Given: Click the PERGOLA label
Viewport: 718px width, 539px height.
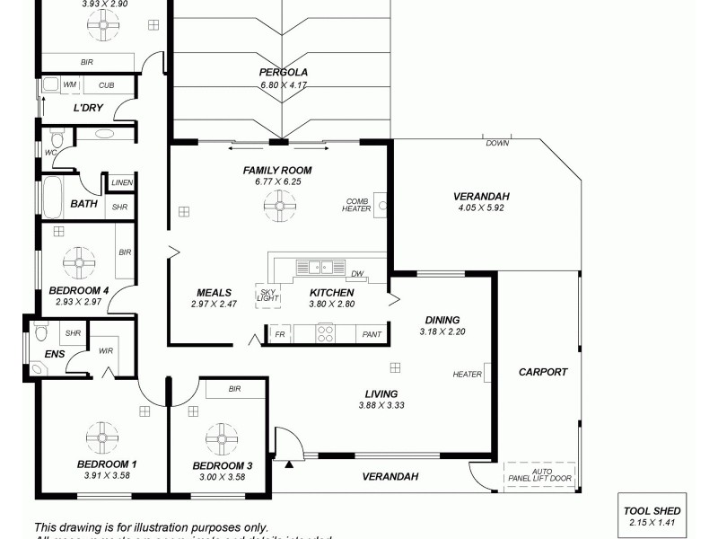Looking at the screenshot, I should pyautogui.click(x=283, y=72).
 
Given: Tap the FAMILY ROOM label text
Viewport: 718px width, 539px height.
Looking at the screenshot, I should pyautogui.click(x=276, y=170).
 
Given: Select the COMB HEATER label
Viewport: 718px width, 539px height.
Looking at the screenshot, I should pyautogui.click(x=356, y=205).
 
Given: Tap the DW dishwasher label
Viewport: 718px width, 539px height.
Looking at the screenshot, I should pyautogui.click(x=357, y=274).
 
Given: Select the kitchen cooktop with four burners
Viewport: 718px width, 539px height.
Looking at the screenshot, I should pyautogui.click(x=326, y=333).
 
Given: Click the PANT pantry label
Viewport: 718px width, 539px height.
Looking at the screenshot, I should pyautogui.click(x=371, y=334).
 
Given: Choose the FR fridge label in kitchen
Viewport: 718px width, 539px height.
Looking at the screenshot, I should pyautogui.click(x=280, y=334).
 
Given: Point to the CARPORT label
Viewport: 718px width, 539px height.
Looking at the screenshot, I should pyautogui.click(x=543, y=372).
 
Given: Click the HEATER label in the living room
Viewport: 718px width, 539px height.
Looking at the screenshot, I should pyautogui.click(x=467, y=376).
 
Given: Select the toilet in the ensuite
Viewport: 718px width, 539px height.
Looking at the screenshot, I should pyautogui.click(x=40, y=334).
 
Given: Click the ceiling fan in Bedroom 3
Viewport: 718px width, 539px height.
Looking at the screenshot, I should pyautogui.click(x=221, y=438).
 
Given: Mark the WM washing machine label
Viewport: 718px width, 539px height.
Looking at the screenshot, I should pyautogui.click(x=69, y=85).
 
